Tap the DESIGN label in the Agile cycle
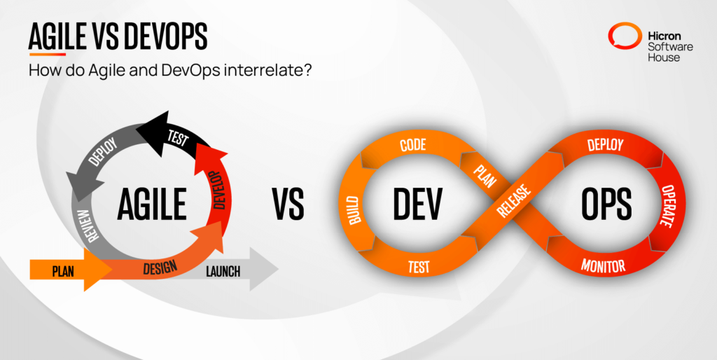(x=160, y=268)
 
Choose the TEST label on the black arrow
(x=178, y=138)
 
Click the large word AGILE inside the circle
(x=151, y=204)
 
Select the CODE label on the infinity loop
(x=414, y=145)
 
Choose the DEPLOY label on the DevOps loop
(x=606, y=145)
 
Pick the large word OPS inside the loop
(x=606, y=205)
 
